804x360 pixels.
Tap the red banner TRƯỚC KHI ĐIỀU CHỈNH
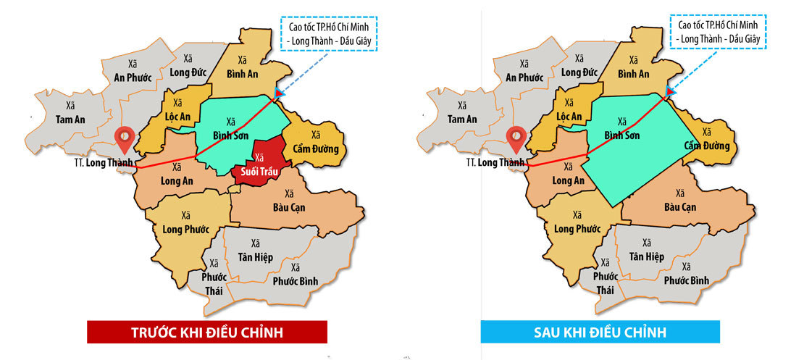tap(206, 332)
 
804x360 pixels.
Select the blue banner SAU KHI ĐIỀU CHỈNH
tap(600, 332)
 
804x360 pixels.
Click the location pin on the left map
tap(127, 138)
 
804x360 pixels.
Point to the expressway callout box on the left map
tap(334, 33)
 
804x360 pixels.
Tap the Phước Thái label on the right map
tap(606, 283)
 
